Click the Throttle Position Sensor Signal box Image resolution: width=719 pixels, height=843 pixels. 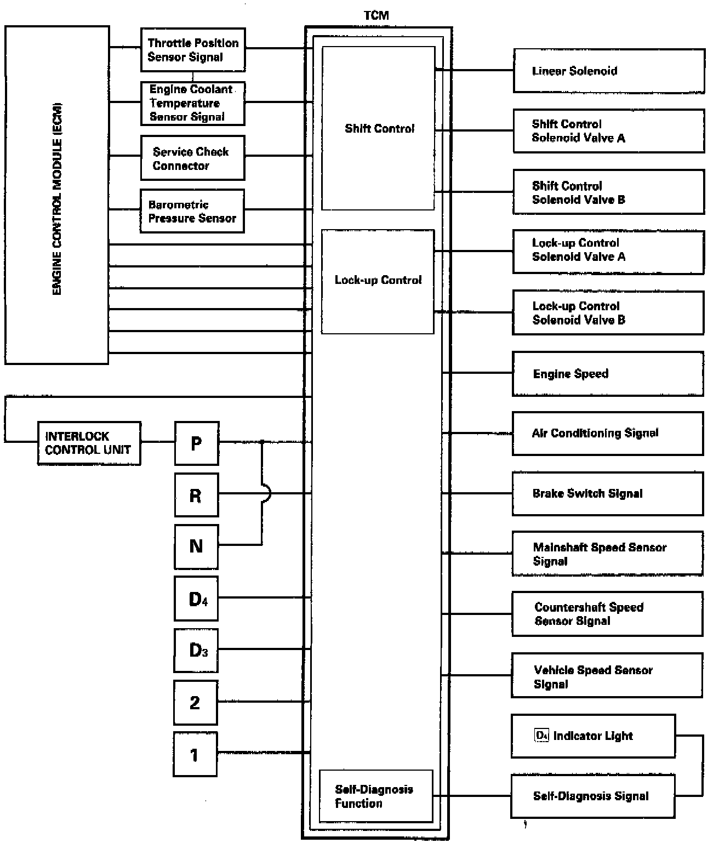[x=192, y=50]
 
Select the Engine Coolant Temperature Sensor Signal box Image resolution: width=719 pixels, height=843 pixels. [x=192, y=104]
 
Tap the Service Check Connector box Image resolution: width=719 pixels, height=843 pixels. [x=192, y=158]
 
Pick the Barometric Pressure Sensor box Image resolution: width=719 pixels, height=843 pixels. [x=192, y=211]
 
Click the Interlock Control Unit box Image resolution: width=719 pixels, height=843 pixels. [x=89, y=443]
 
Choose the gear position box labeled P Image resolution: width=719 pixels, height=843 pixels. [x=196, y=443]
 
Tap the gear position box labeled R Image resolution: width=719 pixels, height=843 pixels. [x=196, y=495]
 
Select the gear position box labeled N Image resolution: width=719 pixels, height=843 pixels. [x=196, y=546]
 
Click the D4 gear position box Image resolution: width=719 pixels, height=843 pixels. [x=196, y=598]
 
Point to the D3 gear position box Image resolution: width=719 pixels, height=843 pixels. [x=196, y=651]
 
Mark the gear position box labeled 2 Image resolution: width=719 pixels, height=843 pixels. [x=196, y=702]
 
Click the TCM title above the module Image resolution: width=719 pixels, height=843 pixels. [x=376, y=16]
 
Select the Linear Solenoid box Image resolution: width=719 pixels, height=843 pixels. [x=608, y=71]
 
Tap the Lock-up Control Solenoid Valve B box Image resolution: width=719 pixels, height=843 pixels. [x=608, y=313]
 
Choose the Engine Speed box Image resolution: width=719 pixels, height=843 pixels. [x=607, y=374]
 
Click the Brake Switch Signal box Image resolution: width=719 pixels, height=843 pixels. [x=607, y=493]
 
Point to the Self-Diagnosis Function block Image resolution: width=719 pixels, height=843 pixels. [x=376, y=796]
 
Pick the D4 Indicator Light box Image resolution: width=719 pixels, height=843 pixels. [x=593, y=736]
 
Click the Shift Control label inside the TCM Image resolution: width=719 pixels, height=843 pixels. [x=379, y=129]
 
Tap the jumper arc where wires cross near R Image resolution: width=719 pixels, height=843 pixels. [x=266, y=494]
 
